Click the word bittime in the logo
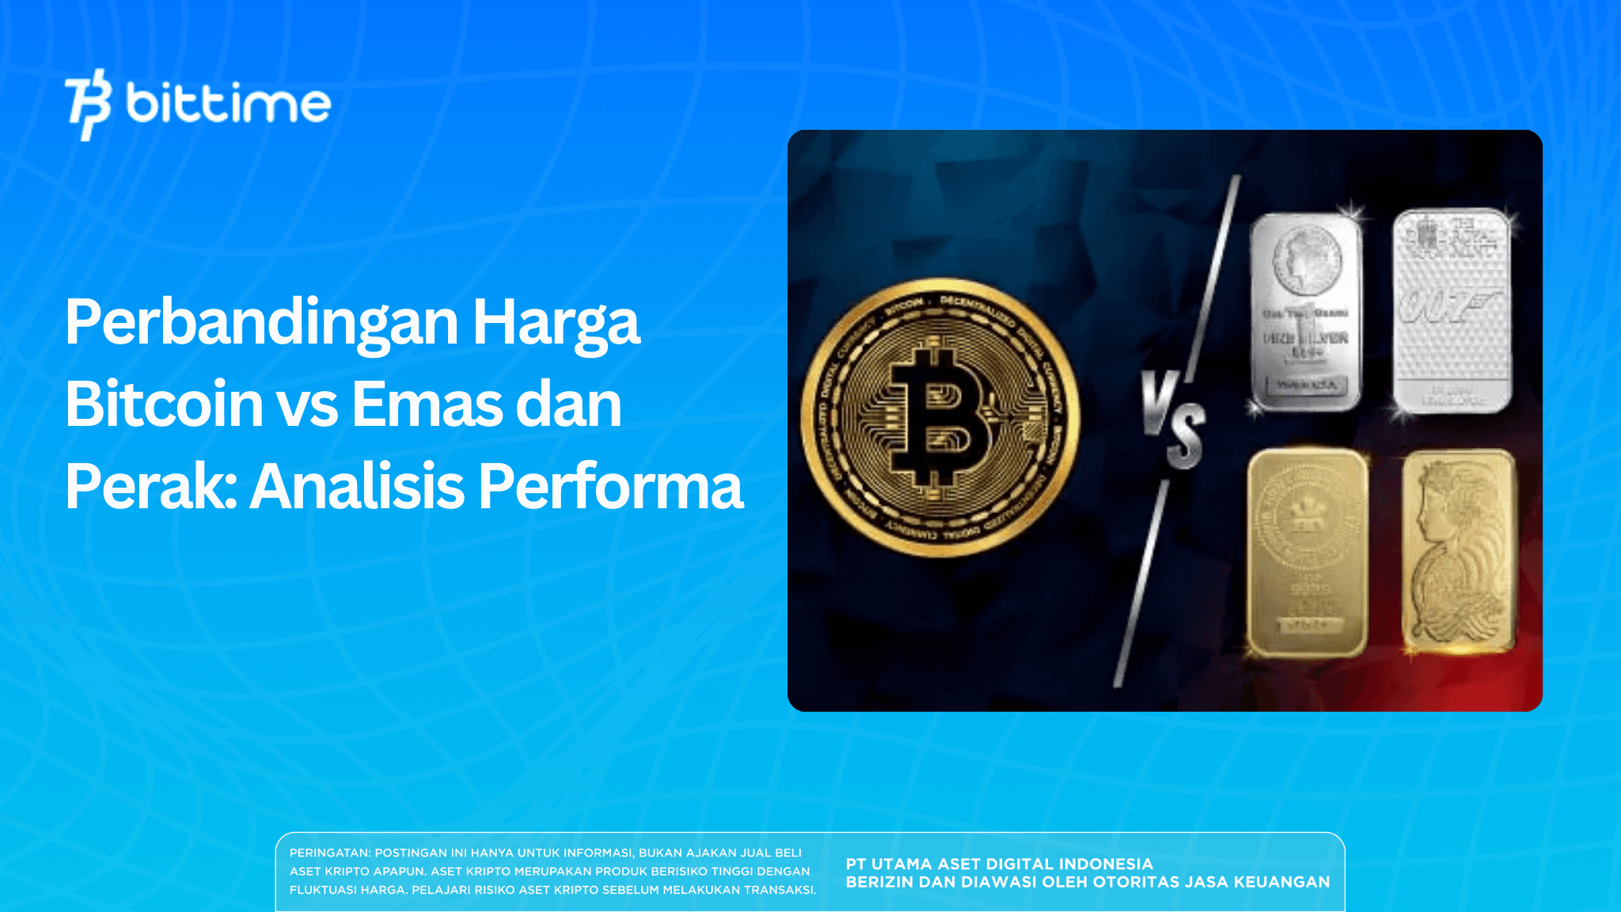coord(228,104)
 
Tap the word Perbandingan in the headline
coord(262,323)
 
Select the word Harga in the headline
coord(556,323)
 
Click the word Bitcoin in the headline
coord(164,405)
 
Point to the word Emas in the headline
coord(424,405)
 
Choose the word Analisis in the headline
coord(357,486)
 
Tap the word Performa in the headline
coord(610,486)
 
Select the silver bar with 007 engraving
coord(1452,310)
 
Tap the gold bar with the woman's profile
coord(1459,552)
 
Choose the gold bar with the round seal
coord(1307,552)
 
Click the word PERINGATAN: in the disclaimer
coord(330,853)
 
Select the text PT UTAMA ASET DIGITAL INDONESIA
coord(999,864)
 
